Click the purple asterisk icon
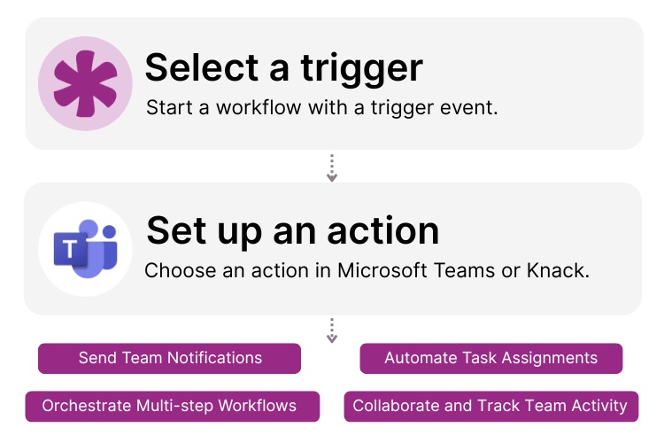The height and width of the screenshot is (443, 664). pyautogui.click(x=85, y=83)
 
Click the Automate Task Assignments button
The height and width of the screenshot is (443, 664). pyautogui.click(x=490, y=359)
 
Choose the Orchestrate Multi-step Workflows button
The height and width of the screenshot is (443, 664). pyautogui.click(x=169, y=407)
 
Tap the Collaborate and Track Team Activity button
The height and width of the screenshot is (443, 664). pyautogui.click(x=490, y=407)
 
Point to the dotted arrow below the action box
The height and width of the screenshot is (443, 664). pyautogui.click(x=332, y=330)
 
